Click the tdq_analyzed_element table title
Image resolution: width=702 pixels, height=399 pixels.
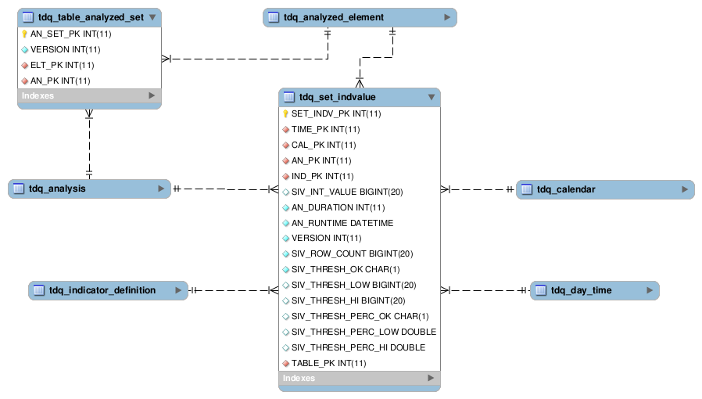pos(334,17)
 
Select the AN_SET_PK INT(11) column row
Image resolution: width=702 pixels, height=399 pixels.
pos(66,34)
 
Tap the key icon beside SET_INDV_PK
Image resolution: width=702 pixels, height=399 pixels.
pos(285,114)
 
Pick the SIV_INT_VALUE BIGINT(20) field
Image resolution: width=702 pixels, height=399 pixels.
pos(347,192)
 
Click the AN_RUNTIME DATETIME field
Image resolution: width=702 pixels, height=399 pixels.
pos(342,223)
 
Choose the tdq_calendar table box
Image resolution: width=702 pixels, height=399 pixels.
pos(604,189)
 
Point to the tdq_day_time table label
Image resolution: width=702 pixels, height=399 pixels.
pos(581,290)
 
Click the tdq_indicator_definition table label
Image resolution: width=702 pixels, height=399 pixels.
pos(102,290)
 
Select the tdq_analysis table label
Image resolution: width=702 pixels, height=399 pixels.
pos(57,189)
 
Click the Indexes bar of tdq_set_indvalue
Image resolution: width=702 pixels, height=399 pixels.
pos(359,379)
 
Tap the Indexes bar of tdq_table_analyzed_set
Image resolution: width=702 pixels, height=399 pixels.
pos(89,95)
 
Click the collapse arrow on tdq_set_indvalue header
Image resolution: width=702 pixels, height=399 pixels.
pos(431,98)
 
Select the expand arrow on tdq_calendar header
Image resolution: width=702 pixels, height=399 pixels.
pos(685,189)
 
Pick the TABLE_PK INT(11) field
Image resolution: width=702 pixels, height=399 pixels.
pos(328,363)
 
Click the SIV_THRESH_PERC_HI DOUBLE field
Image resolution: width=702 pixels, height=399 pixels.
pos(358,347)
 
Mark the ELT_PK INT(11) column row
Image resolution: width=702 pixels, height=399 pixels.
pos(62,65)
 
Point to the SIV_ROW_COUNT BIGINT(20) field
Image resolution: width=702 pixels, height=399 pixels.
pos(352,253)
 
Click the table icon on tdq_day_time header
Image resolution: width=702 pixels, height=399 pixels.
pos(540,291)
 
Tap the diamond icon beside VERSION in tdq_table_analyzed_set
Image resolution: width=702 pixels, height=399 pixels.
pos(24,49)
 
